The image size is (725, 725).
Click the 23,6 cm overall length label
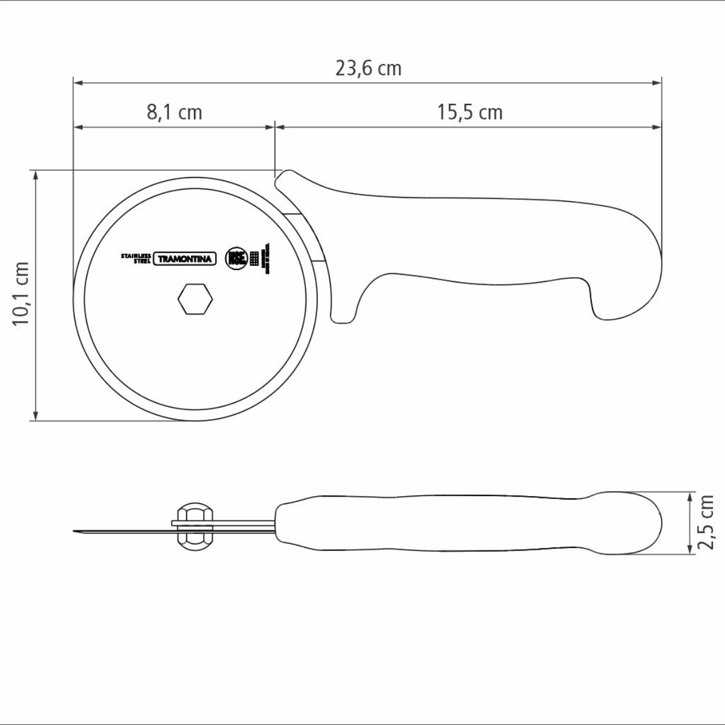pos(368,68)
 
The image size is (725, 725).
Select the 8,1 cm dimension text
pos(174,112)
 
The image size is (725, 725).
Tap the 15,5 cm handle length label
pos(469,112)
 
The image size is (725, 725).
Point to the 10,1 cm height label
pos(22,294)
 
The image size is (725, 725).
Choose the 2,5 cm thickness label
pos(706,522)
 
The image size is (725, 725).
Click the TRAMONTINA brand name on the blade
pos(185,259)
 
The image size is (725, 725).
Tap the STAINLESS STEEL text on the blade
pos(135,258)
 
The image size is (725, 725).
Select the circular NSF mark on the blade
pos(236,259)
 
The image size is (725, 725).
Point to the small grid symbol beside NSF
pos(254,259)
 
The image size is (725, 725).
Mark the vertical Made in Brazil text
pos(268,260)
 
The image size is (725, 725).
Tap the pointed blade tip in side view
pos(76,531)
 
